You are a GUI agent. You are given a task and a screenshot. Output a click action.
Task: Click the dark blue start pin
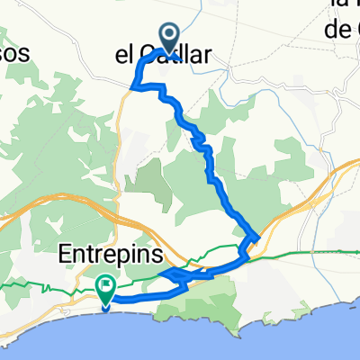coord(170,37)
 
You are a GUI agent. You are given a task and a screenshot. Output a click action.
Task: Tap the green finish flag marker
coord(106,289)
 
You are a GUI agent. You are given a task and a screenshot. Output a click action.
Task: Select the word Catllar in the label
coord(184,56)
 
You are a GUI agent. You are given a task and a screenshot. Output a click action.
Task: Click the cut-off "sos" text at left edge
coord(15,53)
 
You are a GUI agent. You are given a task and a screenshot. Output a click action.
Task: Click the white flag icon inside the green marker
coord(106,288)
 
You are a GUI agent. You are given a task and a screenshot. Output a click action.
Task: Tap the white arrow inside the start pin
coord(170,35)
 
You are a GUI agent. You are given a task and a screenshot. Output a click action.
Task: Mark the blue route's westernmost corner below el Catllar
coord(135,86)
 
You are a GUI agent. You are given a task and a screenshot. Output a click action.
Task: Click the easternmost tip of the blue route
coord(259,238)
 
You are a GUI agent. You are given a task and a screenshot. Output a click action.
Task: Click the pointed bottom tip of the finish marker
coord(106,310)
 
